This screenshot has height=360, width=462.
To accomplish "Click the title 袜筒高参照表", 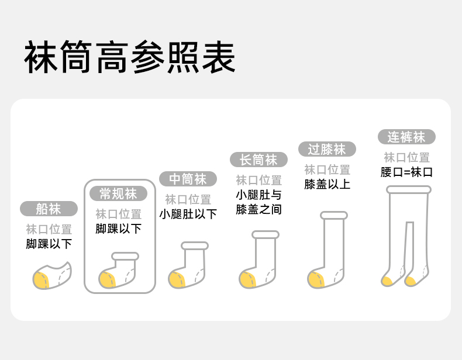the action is [129, 57].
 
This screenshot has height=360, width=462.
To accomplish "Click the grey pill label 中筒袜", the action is [188, 179].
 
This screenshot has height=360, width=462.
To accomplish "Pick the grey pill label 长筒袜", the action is [258, 160].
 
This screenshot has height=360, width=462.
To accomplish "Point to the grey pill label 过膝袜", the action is [327, 149].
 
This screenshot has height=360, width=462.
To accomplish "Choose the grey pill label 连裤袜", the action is [406, 137].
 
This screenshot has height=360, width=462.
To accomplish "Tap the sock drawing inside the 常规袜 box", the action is [119, 271].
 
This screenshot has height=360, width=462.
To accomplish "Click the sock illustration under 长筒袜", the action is [258, 260].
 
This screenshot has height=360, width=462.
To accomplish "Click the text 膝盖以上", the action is [327, 184].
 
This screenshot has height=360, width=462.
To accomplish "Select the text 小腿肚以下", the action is [188, 214].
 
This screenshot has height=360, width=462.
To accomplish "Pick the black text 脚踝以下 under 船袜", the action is [49, 244].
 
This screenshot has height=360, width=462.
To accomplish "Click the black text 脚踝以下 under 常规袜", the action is [119, 229].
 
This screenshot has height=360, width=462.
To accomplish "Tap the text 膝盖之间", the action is [258, 209].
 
